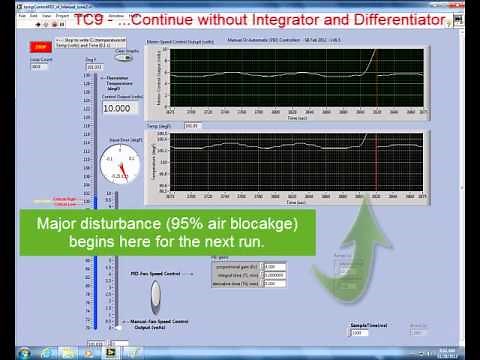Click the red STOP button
click(41, 47)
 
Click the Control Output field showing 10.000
click(119, 108)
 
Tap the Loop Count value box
click(42, 67)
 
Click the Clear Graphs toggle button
click(133, 59)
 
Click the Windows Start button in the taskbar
click(9, 351)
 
